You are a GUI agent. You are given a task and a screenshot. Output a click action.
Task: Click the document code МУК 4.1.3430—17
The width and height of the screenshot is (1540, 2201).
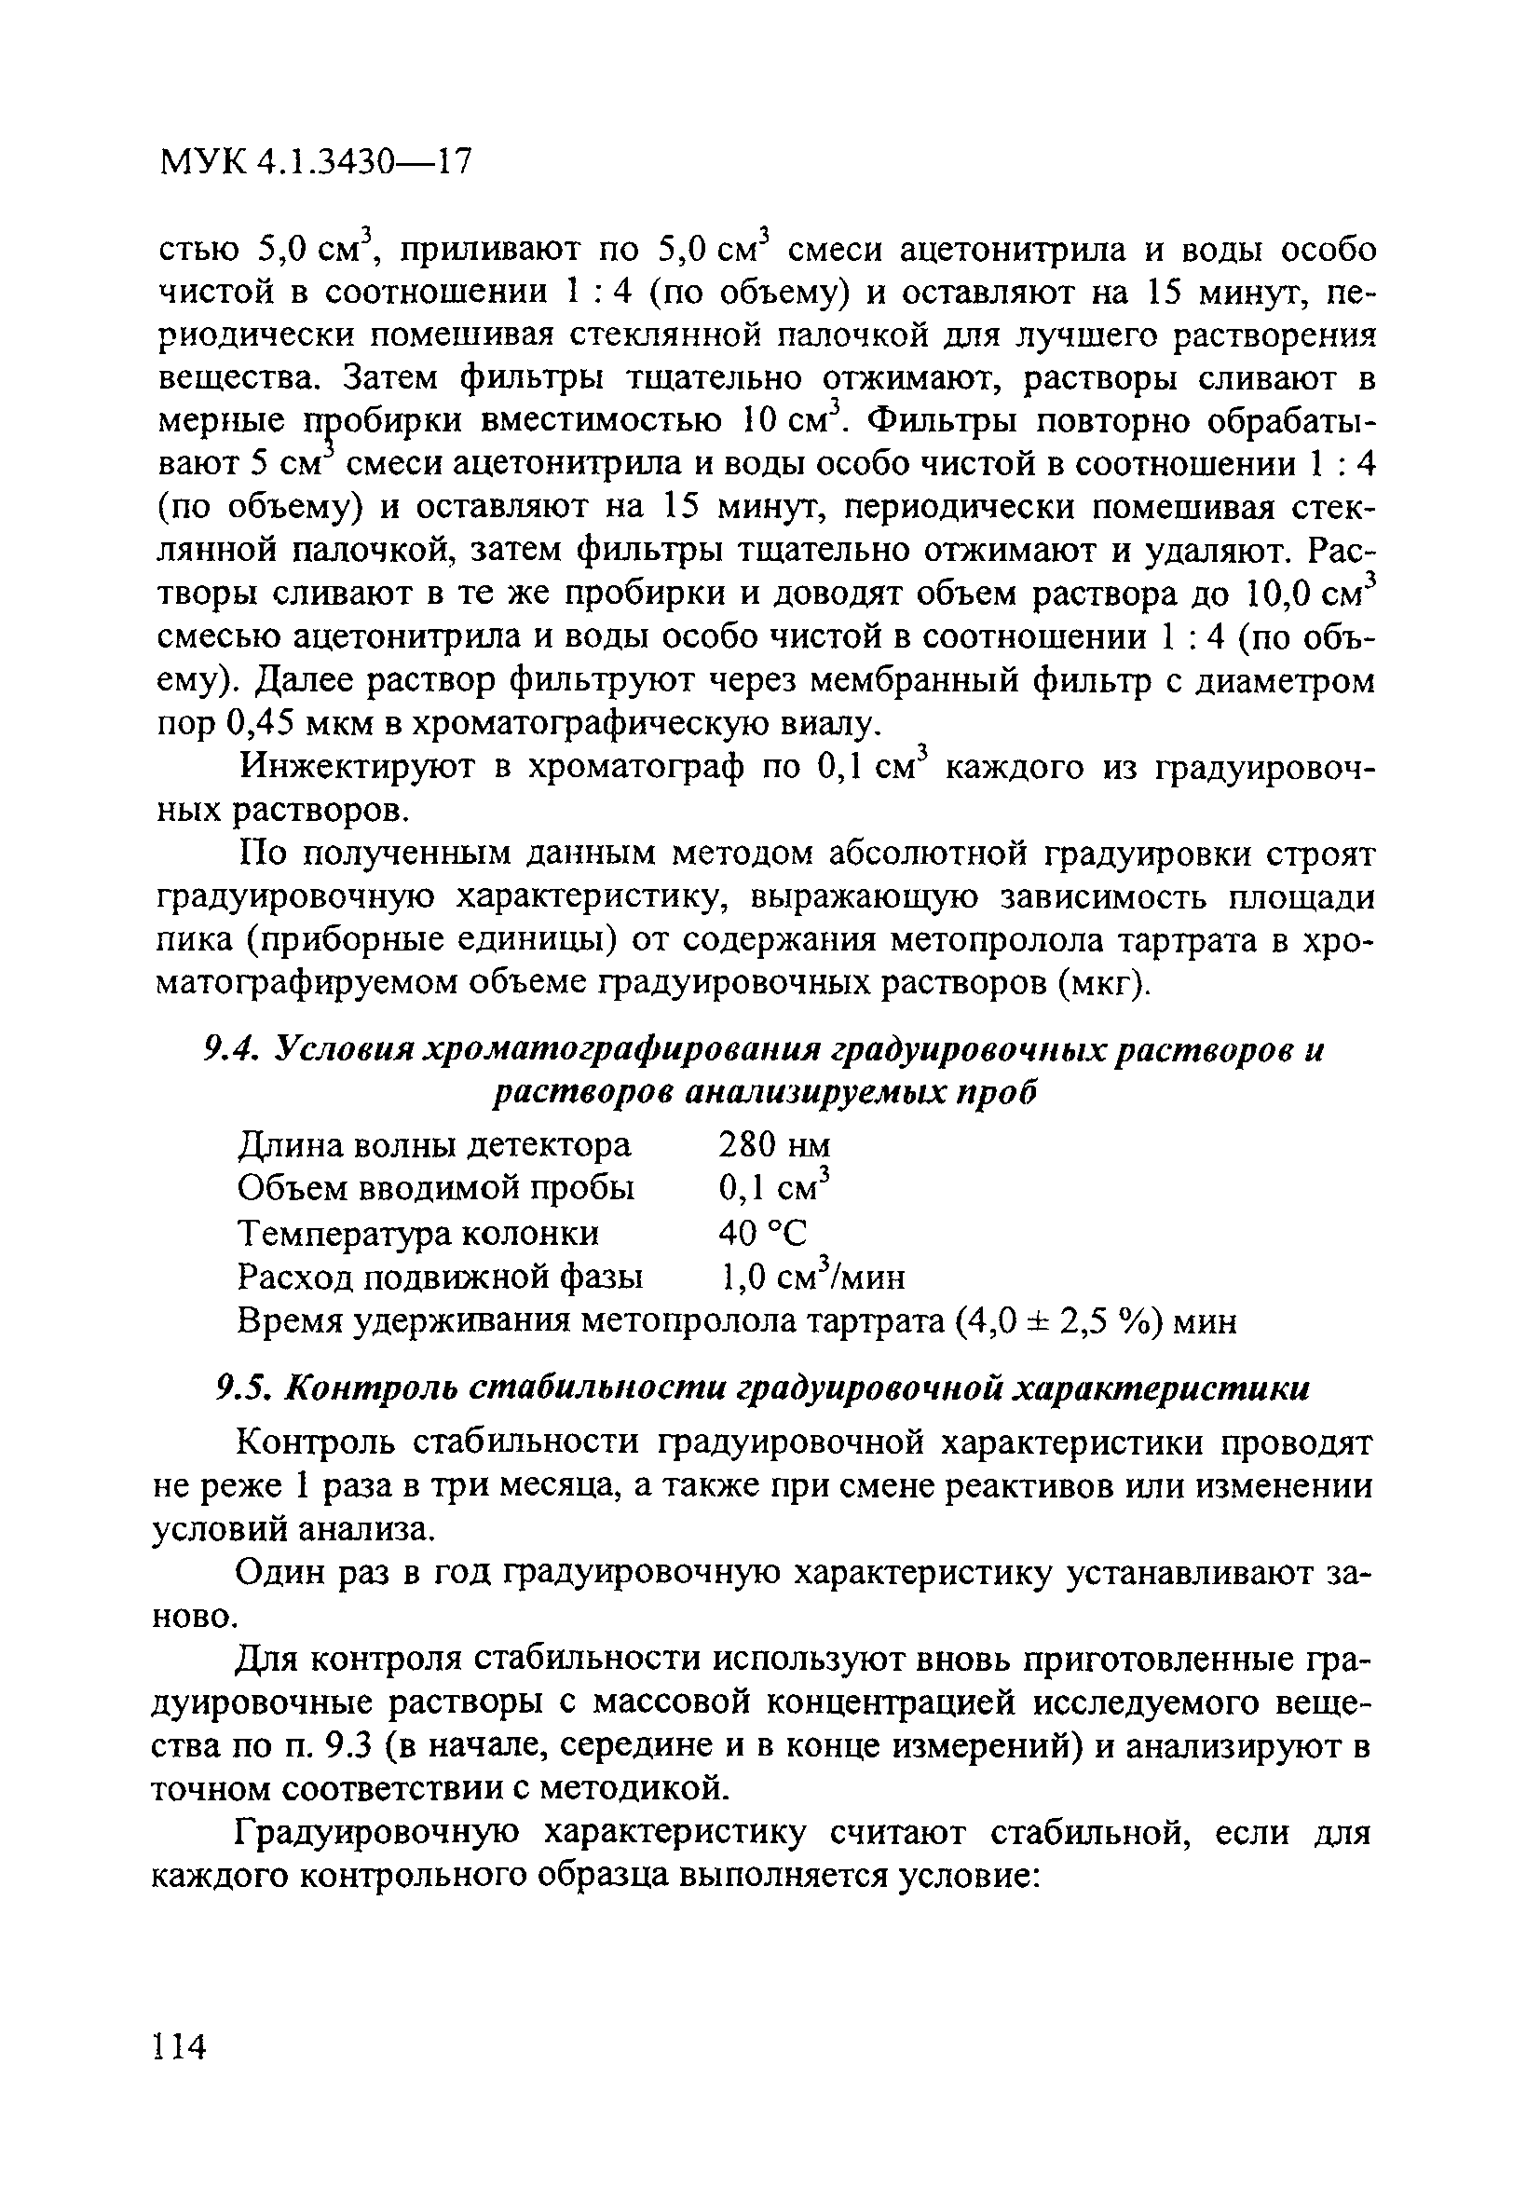point(315,162)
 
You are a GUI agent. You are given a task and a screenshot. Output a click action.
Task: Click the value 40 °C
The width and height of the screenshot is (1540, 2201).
point(763,1232)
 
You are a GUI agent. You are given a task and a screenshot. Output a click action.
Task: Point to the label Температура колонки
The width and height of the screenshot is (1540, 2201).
point(417,1232)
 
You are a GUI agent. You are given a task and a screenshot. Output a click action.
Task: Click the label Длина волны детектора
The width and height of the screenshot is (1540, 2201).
point(434,1144)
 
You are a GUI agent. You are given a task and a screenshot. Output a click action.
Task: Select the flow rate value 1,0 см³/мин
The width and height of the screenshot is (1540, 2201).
point(811,1276)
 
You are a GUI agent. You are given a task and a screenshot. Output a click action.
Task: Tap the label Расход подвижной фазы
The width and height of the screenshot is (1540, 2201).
point(440,1276)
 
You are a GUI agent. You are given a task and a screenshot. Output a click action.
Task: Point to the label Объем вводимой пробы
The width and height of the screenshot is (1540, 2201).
point(435,1189)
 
